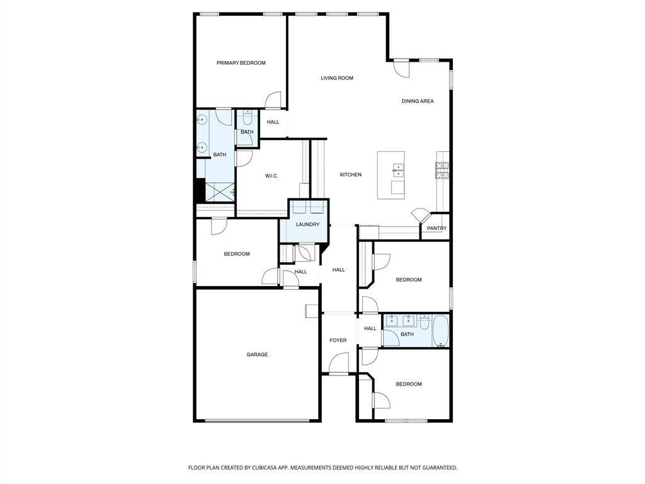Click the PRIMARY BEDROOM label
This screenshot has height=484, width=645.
(241, 63)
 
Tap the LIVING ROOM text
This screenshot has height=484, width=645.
(337, 78)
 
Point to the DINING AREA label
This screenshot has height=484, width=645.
(418, 101)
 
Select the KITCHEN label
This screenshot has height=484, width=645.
(351, 175)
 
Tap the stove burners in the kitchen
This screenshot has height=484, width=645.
(442, 170)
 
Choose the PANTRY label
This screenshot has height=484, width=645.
(437, 228)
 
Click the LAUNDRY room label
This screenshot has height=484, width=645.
(307, 225)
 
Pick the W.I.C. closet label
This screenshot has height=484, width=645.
(271, 176)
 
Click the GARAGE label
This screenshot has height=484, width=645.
(257, 355)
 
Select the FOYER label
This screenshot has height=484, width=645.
(338, 341)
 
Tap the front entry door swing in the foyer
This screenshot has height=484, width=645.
(338, 363)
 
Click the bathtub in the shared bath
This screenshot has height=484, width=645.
(440, 330)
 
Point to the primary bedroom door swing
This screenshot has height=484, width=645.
(273, 100)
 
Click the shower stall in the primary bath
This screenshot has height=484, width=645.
(220, 192)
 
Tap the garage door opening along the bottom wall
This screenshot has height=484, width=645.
(257, 420)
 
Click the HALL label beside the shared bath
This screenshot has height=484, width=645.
(370, 329)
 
